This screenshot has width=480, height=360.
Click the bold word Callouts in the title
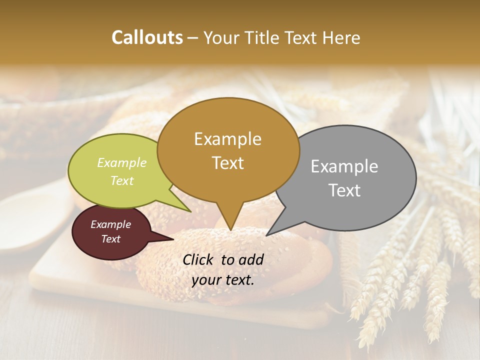tap(147, 37)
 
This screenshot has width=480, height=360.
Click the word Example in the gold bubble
tap(227, 139)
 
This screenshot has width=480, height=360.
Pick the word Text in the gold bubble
tap(227, 163)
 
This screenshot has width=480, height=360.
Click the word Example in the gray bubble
tap(344, 166)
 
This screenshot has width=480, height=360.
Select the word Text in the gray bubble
tap(344, 190)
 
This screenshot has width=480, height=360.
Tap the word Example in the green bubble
tap(121, 163)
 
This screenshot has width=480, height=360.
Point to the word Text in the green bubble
tap(121, 180)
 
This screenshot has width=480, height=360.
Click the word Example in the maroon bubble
tap(110, 224)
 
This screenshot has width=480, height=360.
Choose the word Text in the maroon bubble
tap(110, 239)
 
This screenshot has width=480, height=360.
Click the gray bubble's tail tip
tap(266, 235)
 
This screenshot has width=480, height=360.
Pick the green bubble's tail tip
tap(190, 211)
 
